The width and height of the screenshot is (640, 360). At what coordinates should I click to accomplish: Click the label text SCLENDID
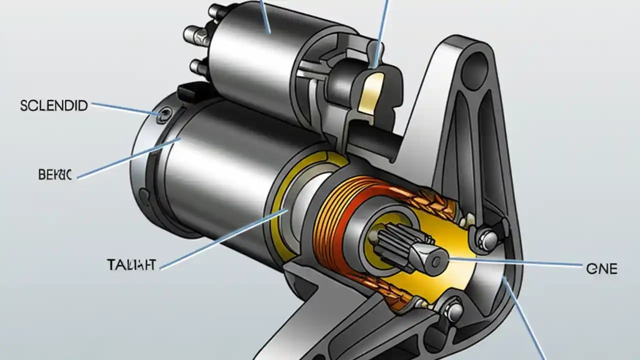tap(54, 105)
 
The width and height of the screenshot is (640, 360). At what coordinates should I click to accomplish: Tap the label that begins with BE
tap(55, 174)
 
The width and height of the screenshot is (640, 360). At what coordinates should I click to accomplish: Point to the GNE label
tap(601, 268)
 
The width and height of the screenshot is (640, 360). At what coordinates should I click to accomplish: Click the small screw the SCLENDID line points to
tap(160, 116)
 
